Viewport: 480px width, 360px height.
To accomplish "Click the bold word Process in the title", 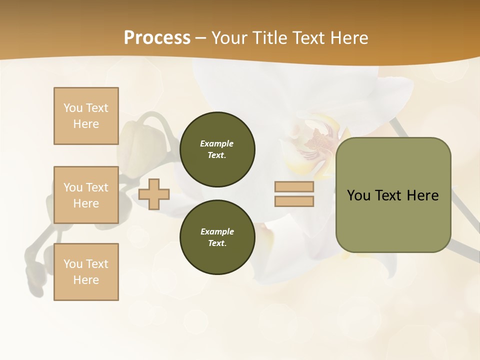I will point(157,38).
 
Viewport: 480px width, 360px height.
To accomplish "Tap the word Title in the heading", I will point(269,38).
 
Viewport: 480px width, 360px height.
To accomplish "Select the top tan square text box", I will point(86,116).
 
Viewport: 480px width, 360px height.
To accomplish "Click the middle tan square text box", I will point(86,195).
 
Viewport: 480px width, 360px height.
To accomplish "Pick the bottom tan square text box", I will point(86,272).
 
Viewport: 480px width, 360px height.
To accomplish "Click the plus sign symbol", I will point(154,194).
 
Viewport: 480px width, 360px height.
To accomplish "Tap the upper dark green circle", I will point(217,149).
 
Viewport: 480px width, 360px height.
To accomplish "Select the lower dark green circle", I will point(217,237).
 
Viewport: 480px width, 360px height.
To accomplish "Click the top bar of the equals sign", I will point(294,187).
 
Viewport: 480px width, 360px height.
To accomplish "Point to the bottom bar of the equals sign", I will point(294,201).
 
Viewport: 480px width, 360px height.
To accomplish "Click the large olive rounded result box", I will point(393,195).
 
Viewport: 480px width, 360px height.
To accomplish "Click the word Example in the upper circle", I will point(216,143).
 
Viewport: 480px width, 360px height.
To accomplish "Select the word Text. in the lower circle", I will point(217,243).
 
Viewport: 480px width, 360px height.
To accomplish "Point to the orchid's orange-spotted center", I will point(318,140).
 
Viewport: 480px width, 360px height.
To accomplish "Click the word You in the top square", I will point(73,108).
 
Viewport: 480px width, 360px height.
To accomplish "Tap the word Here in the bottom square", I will point(86,280).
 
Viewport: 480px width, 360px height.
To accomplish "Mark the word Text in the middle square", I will point(97,187).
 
